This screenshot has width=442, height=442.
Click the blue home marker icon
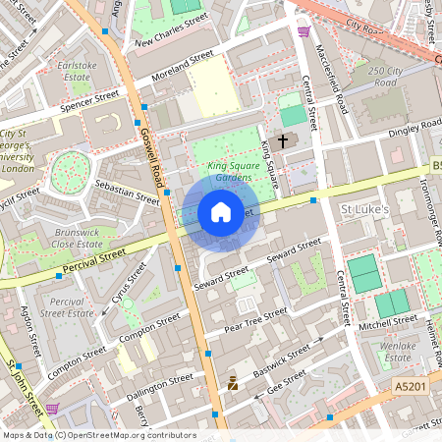coord(221,211)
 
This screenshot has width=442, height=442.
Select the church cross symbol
coord(283,141)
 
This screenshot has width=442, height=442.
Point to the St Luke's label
coord(365,209)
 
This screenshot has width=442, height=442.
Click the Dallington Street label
coord(160,384)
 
